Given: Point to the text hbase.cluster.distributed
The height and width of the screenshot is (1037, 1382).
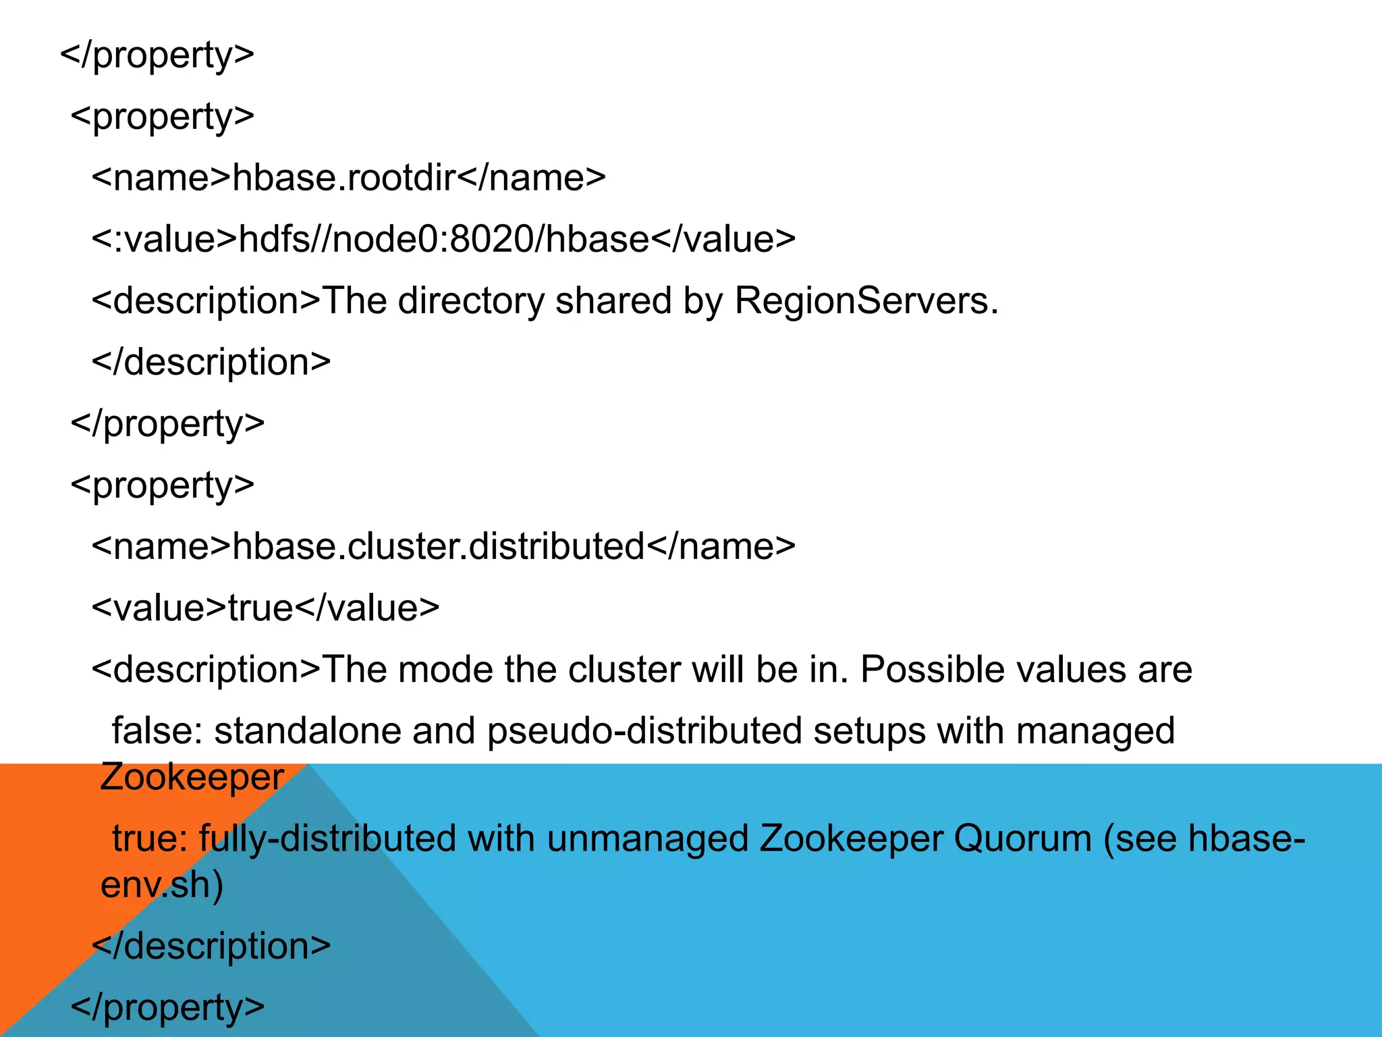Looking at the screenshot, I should pyautogui.click(x=439, y=547).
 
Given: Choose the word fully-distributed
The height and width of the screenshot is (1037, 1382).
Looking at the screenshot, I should pyautogui.click(x=327, y=839).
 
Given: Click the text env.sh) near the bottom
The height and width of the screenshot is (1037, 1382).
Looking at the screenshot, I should pyautogui.click(x=162, y=885).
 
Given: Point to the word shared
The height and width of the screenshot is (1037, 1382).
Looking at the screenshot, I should pyautogui.click(x=613, y=301).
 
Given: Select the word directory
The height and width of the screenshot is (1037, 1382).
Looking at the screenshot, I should pyautogui.click(x=470, y=301).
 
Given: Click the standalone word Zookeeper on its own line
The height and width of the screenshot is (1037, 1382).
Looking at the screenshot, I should pyautogui.click(x=192, y=778).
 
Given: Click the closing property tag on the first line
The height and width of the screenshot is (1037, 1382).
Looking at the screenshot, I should pyautogui.click(x=157, y=55).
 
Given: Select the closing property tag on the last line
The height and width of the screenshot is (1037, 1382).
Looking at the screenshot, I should pyautogui.click(x=167, y=1008).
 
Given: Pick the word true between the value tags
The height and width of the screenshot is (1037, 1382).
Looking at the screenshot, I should pyautogui.click(x=260, y=608).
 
